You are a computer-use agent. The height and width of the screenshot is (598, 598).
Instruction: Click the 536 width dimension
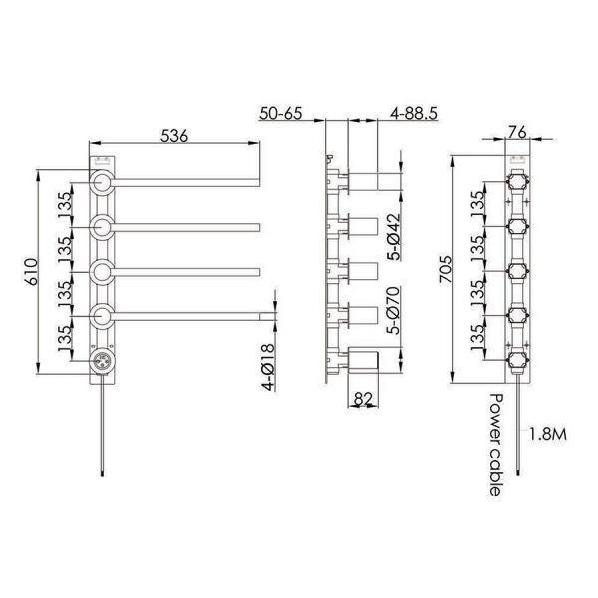tap(174, 136)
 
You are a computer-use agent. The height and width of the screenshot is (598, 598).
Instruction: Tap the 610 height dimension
tap(31, 271)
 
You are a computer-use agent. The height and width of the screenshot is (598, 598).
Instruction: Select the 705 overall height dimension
tap(446, 269)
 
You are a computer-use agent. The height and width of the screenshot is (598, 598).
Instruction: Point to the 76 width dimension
tap(517, 132)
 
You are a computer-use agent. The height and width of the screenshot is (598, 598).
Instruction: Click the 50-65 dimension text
tap(281, 113)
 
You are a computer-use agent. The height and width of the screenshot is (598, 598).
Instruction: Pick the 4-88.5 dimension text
tap(414, 113)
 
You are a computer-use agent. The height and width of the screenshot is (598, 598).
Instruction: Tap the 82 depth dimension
tap(363, 399)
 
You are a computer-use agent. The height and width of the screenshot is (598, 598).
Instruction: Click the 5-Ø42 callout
tap(394, 236)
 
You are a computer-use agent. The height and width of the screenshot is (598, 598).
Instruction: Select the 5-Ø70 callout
tap(394, 310)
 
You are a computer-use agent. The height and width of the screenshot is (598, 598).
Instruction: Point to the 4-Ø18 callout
tap(268, 367)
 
